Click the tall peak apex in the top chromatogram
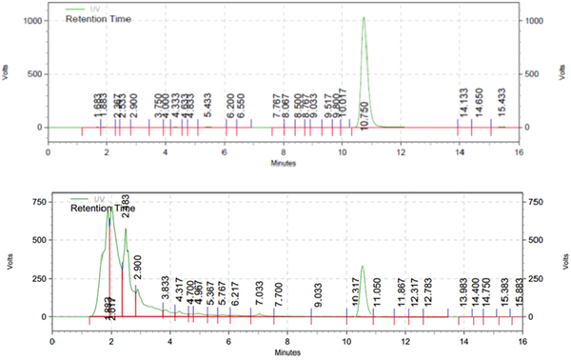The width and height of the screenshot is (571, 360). (x=364, y=18)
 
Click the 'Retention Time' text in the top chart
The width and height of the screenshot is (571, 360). (x=104, y=19)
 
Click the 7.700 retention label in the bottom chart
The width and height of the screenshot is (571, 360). (x=279, y=294)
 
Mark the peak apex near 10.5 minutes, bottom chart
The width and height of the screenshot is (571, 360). (x=362, y=266)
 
